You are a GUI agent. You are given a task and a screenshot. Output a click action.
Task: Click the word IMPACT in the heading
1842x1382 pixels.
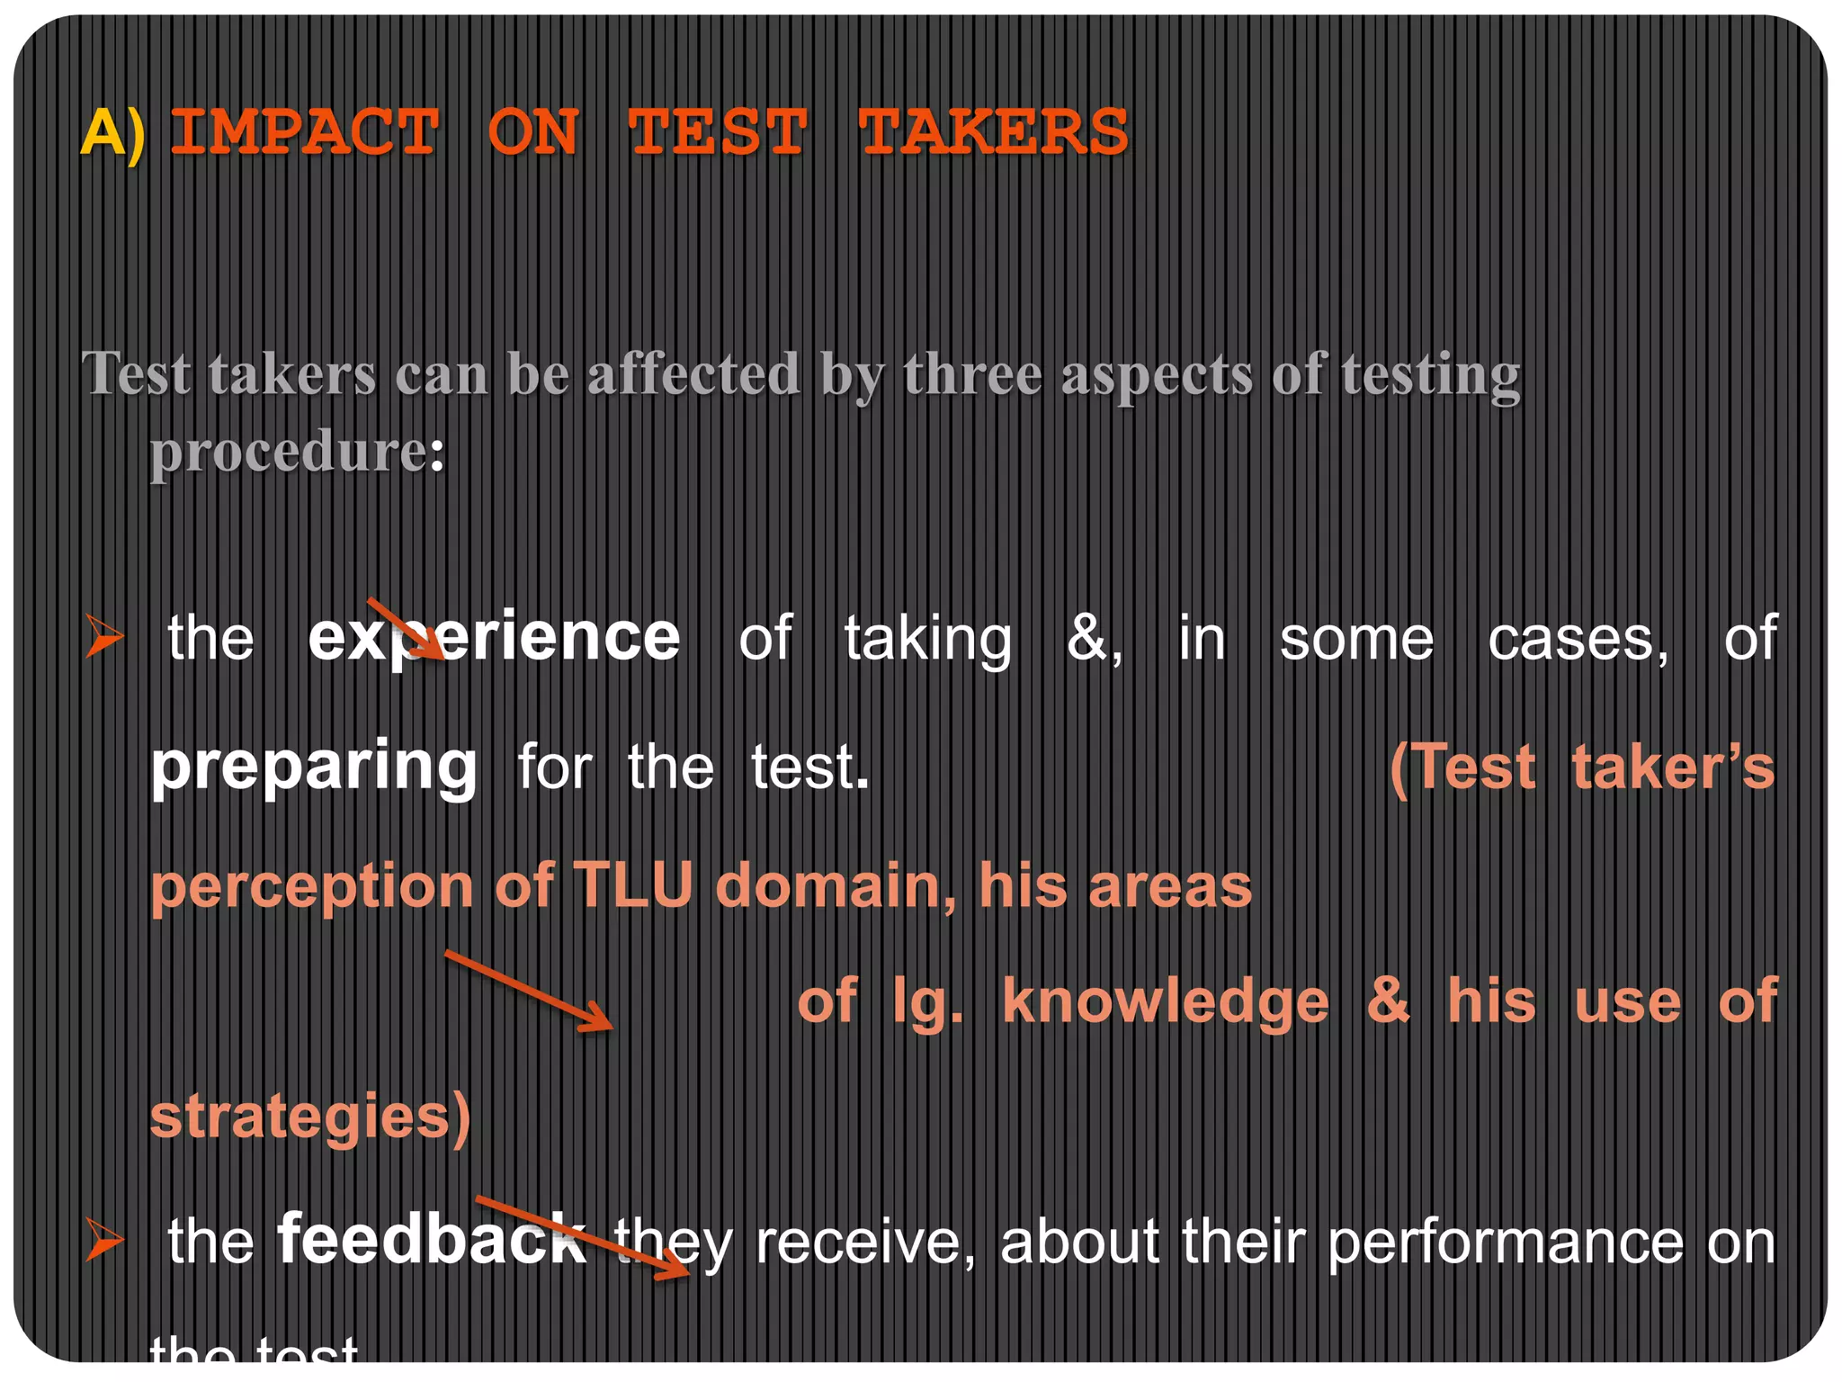(305, 132)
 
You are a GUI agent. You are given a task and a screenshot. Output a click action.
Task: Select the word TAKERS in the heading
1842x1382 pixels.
(993, 132)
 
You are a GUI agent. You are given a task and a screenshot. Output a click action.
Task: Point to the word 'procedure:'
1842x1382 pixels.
(297, 451)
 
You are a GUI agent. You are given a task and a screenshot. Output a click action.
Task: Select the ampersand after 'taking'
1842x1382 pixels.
(1091, 639)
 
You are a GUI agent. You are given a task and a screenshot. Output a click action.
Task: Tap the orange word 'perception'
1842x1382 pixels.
(311, 887)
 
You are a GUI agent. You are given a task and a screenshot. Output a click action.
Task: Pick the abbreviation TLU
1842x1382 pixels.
(632, 885)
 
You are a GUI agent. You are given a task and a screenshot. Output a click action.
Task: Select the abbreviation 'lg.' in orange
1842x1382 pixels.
(927, 1001)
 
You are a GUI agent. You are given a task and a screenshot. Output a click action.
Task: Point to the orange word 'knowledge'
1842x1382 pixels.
(1166, 1001)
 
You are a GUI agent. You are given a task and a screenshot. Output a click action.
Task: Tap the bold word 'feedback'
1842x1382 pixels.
(432, 1241)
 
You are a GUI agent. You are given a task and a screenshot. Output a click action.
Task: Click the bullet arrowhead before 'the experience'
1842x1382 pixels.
(104, 636)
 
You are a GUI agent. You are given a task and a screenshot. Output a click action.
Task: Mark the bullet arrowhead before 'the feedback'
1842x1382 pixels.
(104, 1239)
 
